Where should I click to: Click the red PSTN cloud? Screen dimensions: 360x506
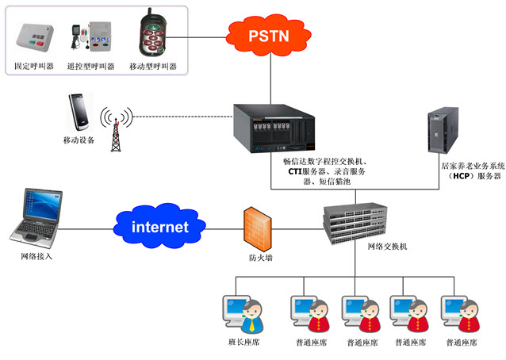(269, 36)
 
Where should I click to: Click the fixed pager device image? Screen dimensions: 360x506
(34, 36)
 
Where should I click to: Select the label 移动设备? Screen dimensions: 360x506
(79, 140)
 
